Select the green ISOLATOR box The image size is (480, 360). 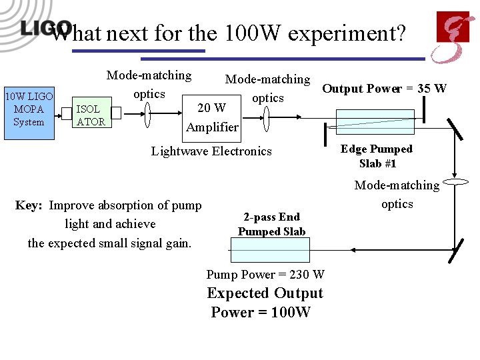(x=91, y=114)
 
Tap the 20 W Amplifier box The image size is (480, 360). (x=212, y=117)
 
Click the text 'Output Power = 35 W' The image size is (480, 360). (x=384, y=89)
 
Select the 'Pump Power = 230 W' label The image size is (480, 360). (x=265, y=275)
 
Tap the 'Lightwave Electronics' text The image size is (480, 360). (x=211, y=151)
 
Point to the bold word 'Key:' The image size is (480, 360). (x=29, y=205)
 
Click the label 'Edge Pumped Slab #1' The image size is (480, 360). (x=377, y=156)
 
